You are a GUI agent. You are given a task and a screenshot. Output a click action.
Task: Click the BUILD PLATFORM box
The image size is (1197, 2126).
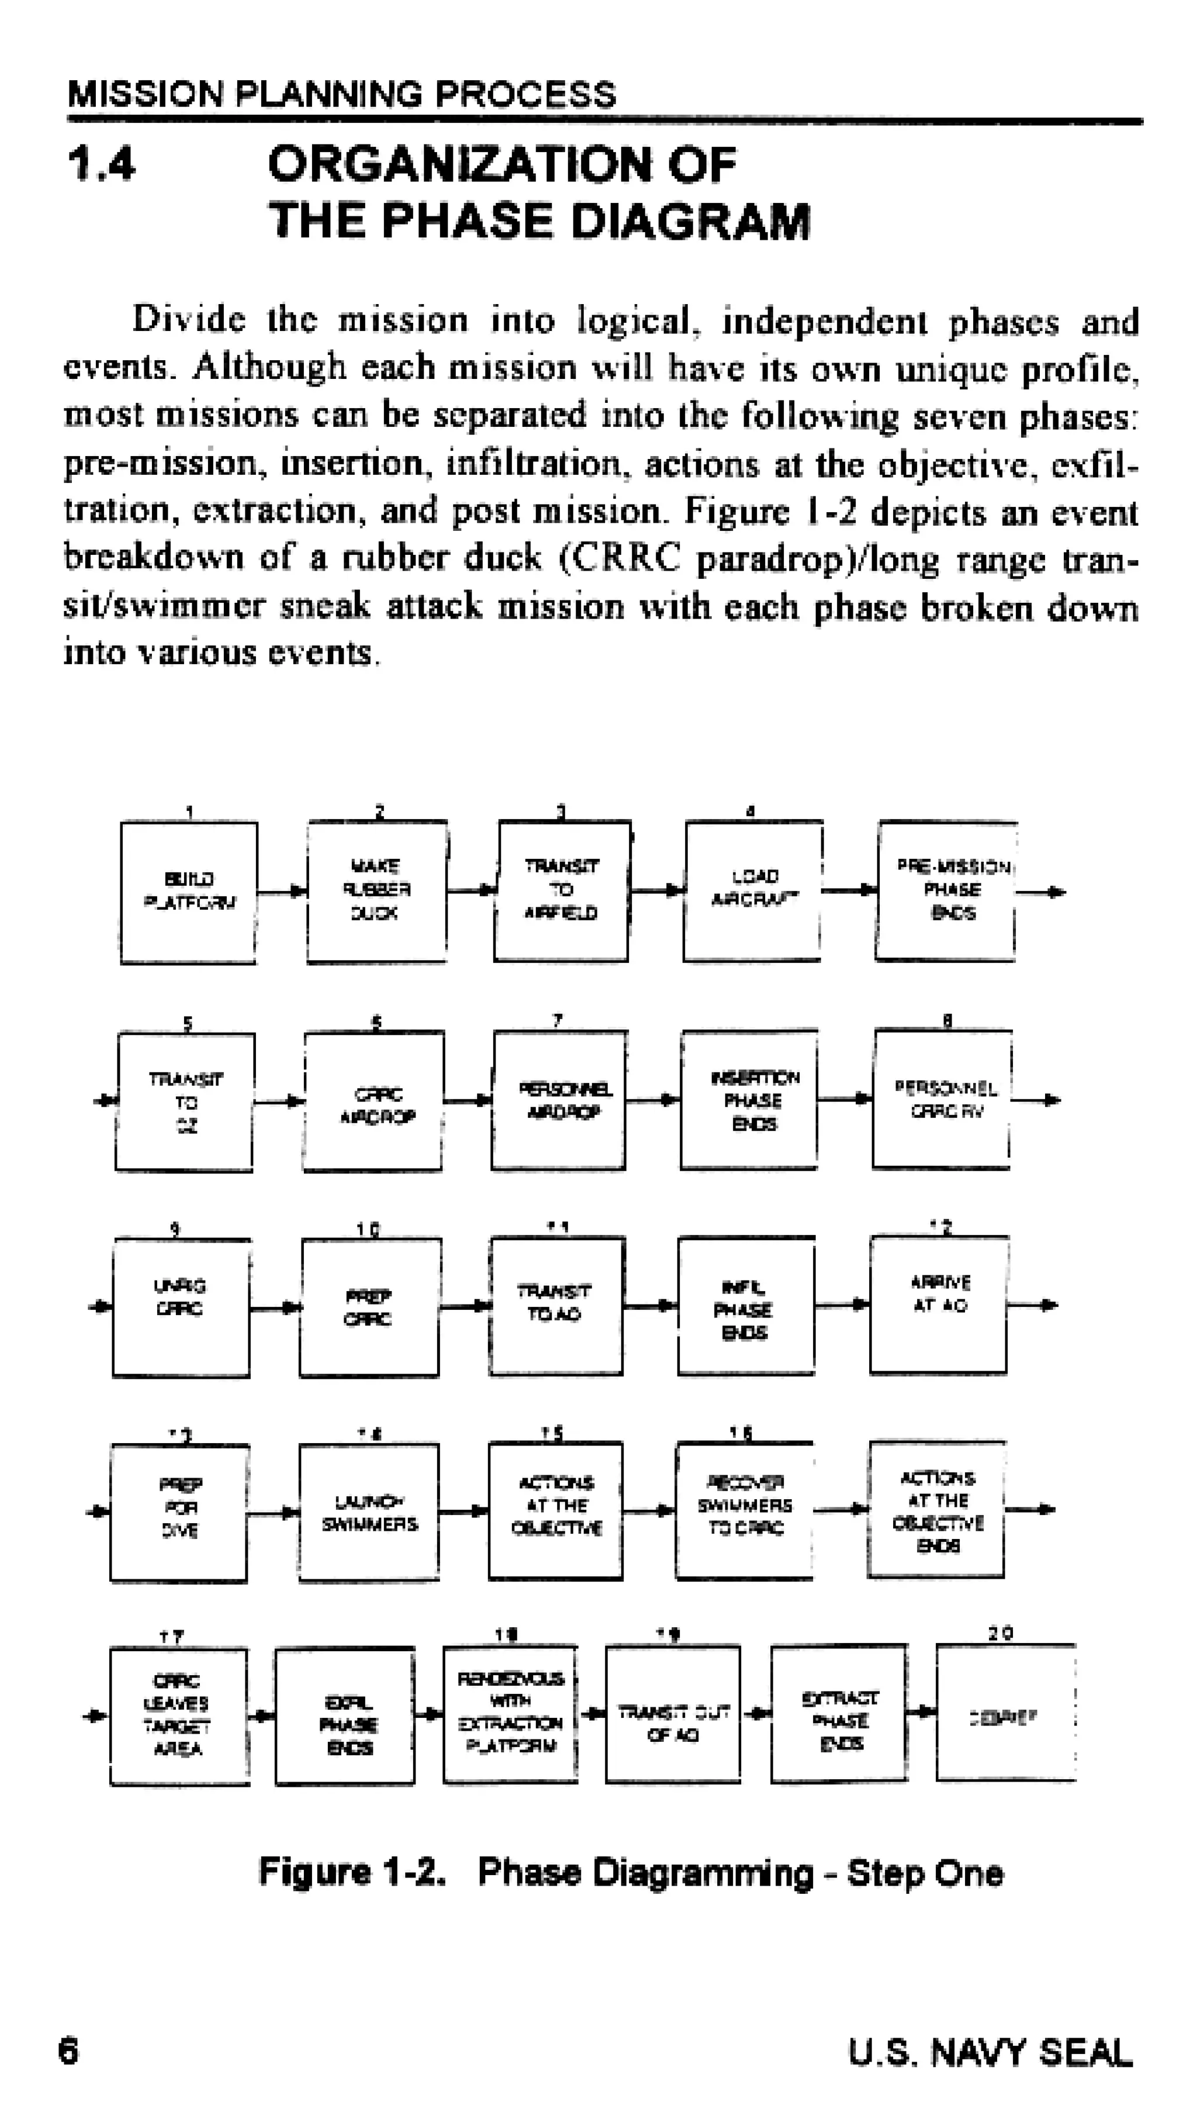click(189, 892)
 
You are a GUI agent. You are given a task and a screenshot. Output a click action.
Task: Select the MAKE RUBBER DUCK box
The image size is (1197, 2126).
click(377, 891)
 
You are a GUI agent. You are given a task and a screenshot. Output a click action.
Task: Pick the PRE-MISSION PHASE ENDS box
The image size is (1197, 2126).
click(946, 891)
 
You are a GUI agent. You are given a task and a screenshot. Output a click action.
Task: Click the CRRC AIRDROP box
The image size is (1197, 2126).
click(373, 1101)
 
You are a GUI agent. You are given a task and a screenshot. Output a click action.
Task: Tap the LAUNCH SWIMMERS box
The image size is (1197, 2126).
click(369, 1512)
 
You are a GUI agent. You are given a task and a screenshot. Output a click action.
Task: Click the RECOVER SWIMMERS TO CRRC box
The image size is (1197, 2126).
click(744, 1510)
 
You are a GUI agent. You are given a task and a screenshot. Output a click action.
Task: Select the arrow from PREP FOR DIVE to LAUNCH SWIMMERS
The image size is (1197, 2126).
click(273, 1513)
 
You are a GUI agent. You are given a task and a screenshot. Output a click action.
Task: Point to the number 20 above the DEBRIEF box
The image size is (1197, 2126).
click(1001, 1633)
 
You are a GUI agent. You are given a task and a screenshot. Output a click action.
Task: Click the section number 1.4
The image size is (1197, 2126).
click(102, 163)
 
